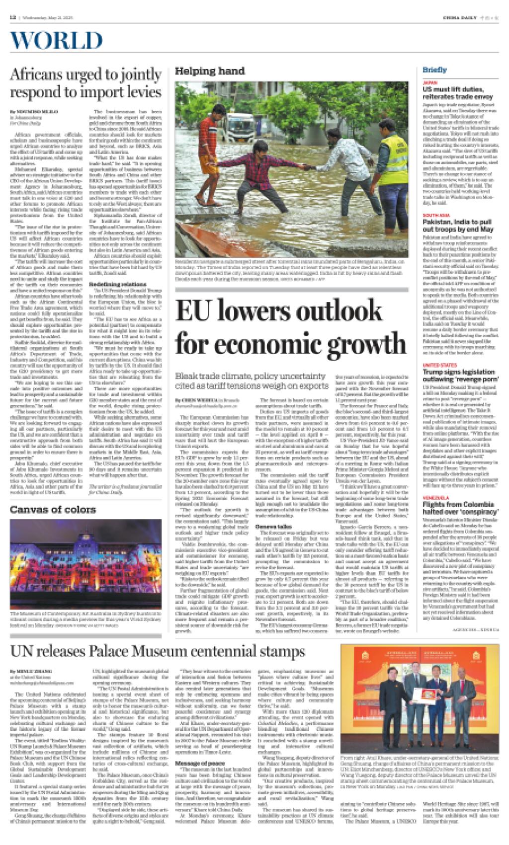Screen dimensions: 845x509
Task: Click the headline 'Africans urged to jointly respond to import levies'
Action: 86,83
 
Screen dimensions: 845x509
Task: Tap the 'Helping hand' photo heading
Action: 209,72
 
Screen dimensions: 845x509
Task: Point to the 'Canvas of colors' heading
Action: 53,509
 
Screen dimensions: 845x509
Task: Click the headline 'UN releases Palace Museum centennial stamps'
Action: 158,652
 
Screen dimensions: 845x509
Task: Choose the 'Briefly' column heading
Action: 434,70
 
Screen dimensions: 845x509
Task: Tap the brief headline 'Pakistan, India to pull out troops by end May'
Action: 457,226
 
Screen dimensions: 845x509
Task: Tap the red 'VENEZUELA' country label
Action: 434,498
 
